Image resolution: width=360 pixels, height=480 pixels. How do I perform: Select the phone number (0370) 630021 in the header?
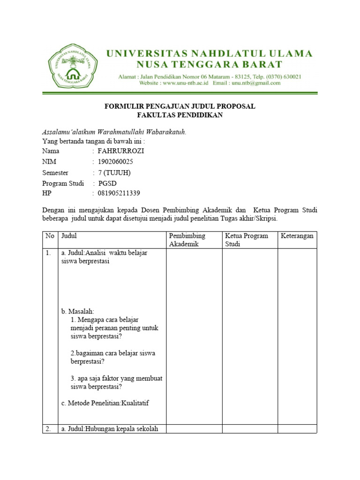(x=283, y=76)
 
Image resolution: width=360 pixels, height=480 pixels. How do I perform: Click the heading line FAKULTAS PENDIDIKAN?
(x=180, y=115)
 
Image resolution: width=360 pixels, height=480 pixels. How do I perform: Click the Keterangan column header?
(x=297, y=236)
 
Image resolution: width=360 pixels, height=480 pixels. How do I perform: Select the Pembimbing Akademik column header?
(x=187, y=240)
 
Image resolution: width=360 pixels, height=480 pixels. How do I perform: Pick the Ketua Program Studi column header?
(x=247, y=240)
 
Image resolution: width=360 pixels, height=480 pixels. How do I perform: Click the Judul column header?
(x=69, y=236)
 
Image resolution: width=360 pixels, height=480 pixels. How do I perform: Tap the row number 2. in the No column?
(x=48, y=428)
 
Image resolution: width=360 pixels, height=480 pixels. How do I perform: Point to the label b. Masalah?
(x=78, y=311)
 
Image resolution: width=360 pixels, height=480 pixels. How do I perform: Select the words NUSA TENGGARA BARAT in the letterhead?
(x=209, y=64)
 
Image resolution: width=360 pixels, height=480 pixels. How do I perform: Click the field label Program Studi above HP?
(x=63, y=183)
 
